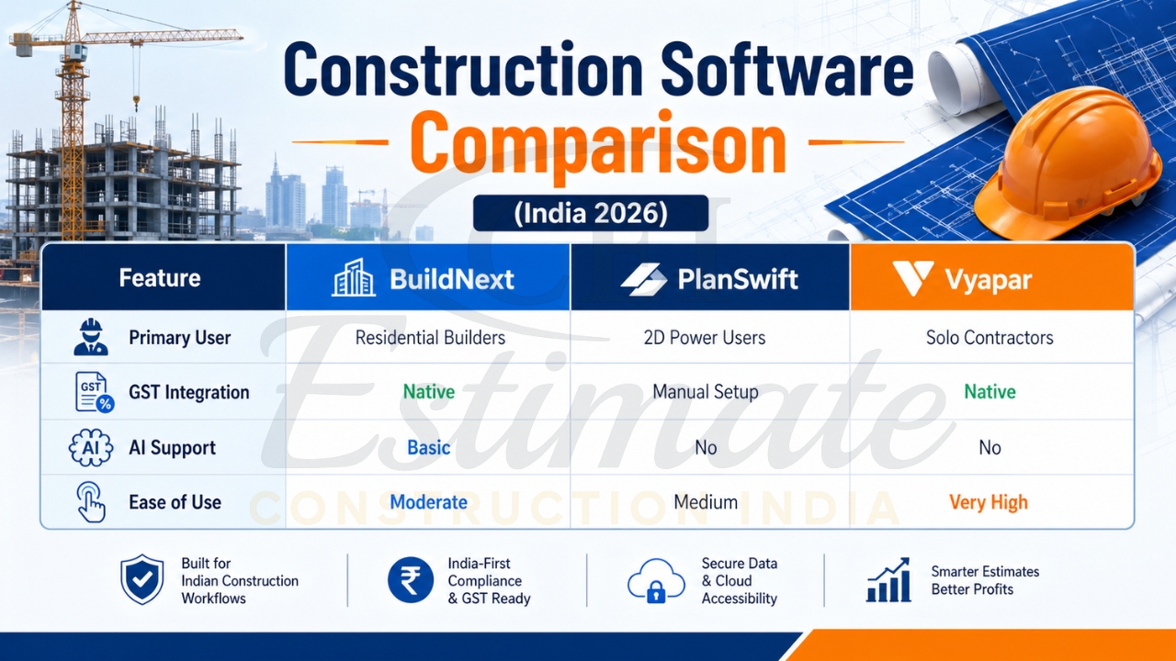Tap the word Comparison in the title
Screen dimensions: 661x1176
(597, 144)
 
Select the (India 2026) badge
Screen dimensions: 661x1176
(590, 213)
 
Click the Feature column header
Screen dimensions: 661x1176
(160, 278)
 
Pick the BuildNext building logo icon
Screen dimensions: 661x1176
(354, 278)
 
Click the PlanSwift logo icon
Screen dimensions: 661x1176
(643, 279)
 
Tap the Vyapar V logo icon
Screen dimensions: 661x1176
(912, 278)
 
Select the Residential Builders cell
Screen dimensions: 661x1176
(430, 338)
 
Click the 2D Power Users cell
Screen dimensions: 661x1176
(705, 338)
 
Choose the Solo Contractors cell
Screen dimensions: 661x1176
(989, 338)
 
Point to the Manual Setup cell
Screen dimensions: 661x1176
(705, 392)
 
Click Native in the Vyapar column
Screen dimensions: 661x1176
(989, 392)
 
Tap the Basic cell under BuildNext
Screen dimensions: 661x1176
(429, 448)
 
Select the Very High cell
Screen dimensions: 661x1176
(989, 503)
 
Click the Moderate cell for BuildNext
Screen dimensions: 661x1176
(428, 503)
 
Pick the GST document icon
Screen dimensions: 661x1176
(93, 392)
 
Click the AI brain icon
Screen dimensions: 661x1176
(91, 448)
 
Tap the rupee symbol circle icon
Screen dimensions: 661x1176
(410, 580)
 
